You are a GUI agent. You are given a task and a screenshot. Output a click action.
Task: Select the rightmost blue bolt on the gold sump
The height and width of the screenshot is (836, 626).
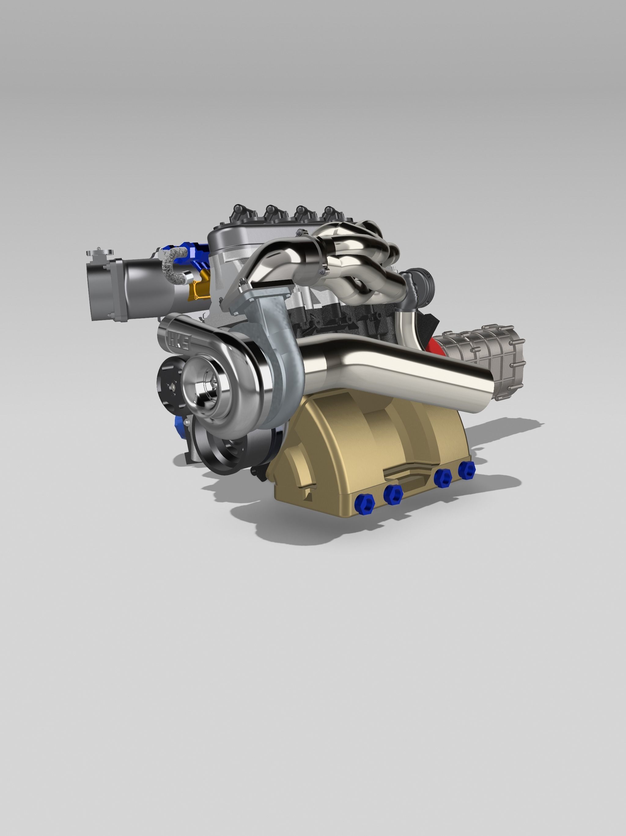(467, 470)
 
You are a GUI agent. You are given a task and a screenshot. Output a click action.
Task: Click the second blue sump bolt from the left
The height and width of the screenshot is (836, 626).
(393, 494)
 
